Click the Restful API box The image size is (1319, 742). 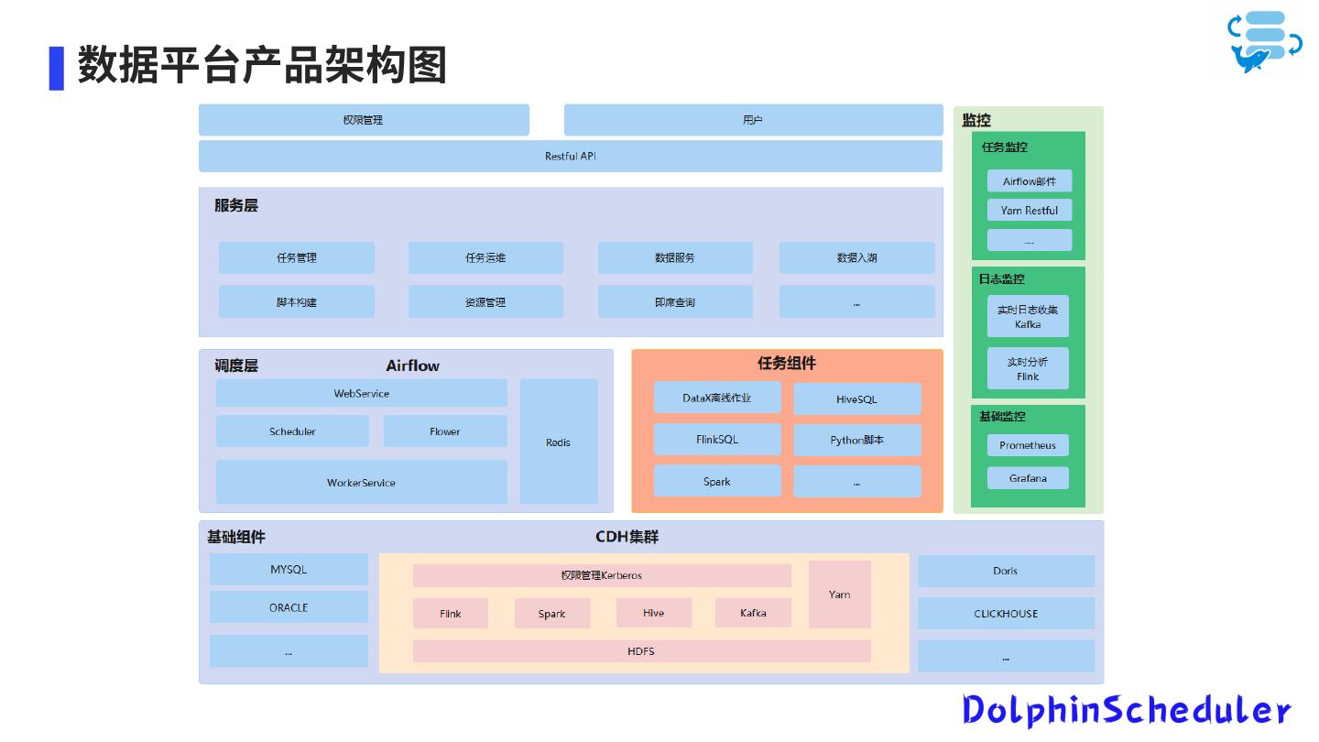[x=570, y=156]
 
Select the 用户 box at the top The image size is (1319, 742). [x=753, y=120]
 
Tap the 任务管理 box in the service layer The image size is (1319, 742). [x=296, y=257]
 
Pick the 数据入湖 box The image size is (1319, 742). [x=856, y=257]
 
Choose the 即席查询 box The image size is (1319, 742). [x=675, y=302]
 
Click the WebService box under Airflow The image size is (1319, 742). [x=361, y=393]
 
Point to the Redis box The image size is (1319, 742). [x=558, y=442]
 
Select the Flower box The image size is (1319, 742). [x=445, y=431]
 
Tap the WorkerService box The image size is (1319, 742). [x=361, y=482]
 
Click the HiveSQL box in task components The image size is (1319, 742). [x=856, y=398]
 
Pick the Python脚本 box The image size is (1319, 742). [x=856, y=440]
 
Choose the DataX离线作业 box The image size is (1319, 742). [x=717, y=398]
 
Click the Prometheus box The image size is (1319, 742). [x=1028, y=445]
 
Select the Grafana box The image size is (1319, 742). [x=1028, y=478]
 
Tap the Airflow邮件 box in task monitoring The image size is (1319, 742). [x=1029, y=181]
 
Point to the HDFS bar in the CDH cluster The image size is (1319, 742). [x=641, y=651]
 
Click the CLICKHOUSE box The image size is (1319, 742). [x=1006, y=614]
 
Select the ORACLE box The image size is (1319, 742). [x=289, y=607]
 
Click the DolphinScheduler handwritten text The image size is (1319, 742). [x=1126, y=710]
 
